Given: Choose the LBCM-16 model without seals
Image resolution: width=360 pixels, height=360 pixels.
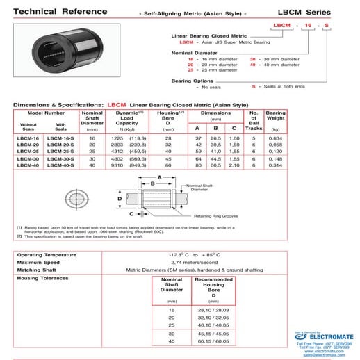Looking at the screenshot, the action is coord(28,138).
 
